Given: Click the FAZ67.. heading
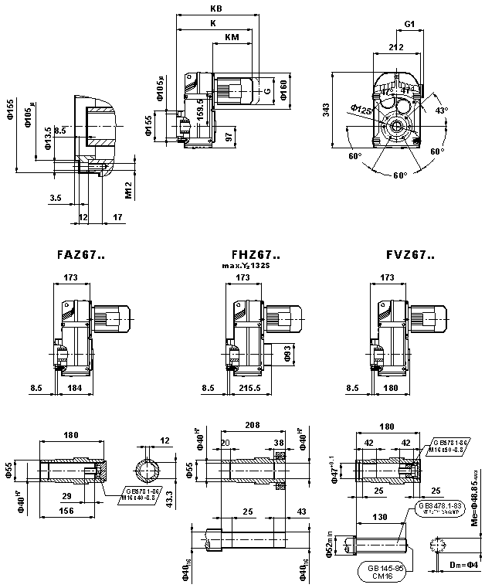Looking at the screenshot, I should (x=81, y=254).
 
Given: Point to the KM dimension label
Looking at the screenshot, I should (x=231, y=37).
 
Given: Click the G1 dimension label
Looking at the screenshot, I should (x=411, y=25).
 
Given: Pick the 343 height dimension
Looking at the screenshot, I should (x=327, y=110).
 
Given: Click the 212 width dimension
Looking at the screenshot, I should (x=397, y=48).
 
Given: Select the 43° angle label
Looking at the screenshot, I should (x=441, y=110).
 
